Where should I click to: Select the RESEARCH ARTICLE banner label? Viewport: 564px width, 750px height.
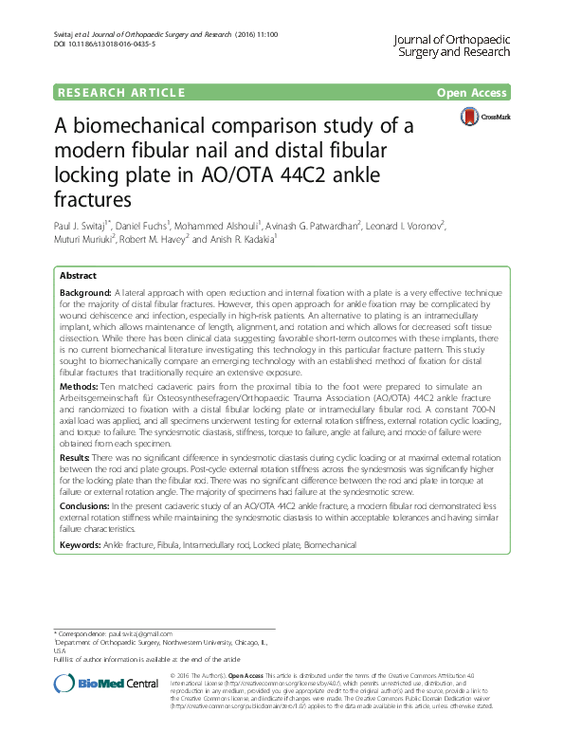point(121,93)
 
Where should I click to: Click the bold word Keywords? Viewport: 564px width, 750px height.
point(80,546)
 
